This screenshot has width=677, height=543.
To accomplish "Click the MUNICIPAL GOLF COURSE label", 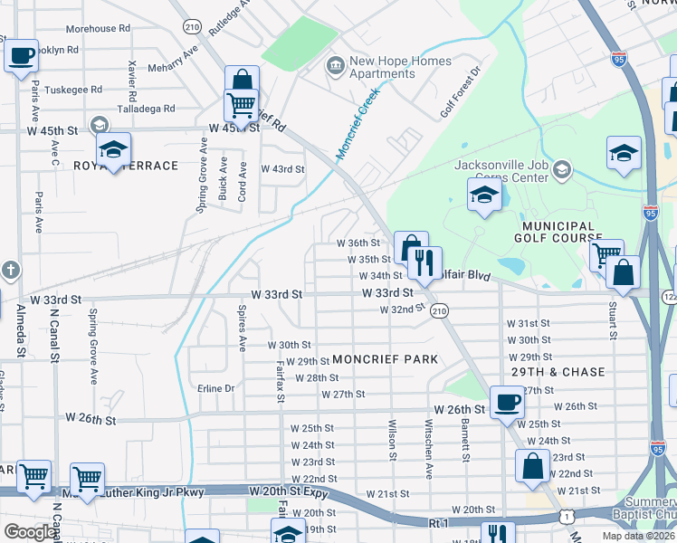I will click(558, 233).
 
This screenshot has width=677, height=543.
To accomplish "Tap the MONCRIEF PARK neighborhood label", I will click(385, 359).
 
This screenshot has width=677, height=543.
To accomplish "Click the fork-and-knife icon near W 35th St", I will click(424, 262).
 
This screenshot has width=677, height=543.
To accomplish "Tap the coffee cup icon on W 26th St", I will click(507, 401).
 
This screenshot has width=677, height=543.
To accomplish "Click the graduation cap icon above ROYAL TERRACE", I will click(114, 148).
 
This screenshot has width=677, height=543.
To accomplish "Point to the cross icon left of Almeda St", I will click(10, 270).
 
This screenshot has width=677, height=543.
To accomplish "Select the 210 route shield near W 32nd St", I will click(439, 310).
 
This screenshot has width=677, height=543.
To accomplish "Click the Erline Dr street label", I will click(216, 388).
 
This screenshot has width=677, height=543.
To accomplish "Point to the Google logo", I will click(30, 532).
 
